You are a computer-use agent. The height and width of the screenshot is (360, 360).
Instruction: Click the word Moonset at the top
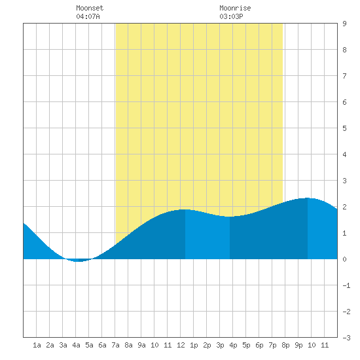pos(90,8)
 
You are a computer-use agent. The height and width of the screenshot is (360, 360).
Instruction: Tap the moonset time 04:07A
pos(88,16)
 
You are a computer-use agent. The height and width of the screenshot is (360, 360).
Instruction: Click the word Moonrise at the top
pos(235,8)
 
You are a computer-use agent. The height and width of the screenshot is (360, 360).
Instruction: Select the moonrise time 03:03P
pos(231,16)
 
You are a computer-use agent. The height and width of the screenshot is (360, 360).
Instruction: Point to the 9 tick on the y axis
pos(344,24)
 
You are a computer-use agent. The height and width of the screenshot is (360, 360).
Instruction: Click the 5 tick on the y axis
pos(344,128)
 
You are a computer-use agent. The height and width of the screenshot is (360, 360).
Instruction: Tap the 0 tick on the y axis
pos(344,259)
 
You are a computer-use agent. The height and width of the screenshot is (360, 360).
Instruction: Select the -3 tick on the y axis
pos(346,338)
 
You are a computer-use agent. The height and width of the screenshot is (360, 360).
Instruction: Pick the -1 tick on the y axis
pos(346,285)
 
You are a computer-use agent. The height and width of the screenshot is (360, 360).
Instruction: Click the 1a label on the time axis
pos(37,345)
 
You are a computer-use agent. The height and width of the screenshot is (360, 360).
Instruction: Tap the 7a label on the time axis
pos(115,345)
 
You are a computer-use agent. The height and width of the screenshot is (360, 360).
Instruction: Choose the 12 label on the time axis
pos(181,345)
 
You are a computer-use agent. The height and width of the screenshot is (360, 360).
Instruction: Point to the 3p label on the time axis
pos(220,345)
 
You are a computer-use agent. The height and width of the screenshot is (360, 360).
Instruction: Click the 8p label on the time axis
pos(285,345)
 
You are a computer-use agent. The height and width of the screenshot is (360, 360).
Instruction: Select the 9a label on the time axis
pos(141,345)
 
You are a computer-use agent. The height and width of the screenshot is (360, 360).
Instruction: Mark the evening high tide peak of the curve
pos(308,198)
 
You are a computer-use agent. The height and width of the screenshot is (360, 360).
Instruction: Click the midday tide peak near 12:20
pos(185,209)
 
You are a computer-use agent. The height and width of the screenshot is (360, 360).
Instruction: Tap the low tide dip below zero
pos(79,261)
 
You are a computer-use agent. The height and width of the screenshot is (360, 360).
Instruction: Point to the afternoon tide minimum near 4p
pos(230,217)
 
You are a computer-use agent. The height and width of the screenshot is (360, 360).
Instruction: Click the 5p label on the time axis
pos(246,345)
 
